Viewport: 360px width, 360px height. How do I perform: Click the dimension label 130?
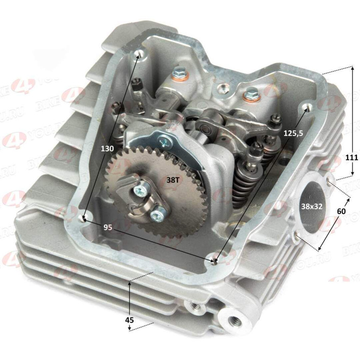click(107, 148)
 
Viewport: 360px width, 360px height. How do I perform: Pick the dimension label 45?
click(130, 320)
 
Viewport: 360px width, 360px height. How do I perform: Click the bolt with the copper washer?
click(179, 73)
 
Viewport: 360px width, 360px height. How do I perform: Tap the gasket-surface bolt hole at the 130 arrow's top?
click(137, 54)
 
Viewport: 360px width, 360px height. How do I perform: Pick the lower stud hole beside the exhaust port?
click(297, 236)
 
